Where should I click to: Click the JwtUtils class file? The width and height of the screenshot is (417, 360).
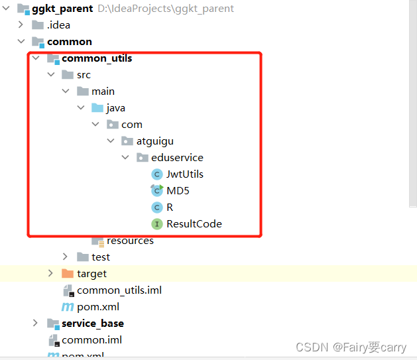point(184,174)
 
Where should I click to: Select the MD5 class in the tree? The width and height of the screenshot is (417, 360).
point(178,191)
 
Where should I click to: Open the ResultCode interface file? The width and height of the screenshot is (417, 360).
point(194,224)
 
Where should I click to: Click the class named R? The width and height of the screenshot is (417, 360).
point(170,208)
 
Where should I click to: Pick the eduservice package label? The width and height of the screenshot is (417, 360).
point(177,158)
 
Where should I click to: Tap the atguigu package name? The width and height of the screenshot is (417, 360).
point(155,141)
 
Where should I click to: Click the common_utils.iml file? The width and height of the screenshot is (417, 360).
point(119,290)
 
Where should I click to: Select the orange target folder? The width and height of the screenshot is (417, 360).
point(91,274)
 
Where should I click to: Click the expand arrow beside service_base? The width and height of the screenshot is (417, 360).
point(36,324)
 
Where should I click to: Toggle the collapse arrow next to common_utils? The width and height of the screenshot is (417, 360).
point(36,58)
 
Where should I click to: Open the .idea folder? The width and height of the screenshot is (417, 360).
point(58,25)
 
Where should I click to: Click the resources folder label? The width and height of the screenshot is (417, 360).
point(130,241)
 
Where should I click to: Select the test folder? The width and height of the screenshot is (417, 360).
point(101,257)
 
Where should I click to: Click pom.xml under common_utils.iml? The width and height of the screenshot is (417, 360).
point(99,307)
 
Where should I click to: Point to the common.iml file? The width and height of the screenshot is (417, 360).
point(91,340)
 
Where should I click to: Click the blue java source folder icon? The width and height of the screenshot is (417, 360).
point(97,108)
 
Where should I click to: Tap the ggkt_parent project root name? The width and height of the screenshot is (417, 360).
point(62,9)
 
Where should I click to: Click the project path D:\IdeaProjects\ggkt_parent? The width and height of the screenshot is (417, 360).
point(165,9)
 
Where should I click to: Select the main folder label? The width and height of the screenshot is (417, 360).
point(103,91)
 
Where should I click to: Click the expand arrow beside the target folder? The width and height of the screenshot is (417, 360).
point(50,274)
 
